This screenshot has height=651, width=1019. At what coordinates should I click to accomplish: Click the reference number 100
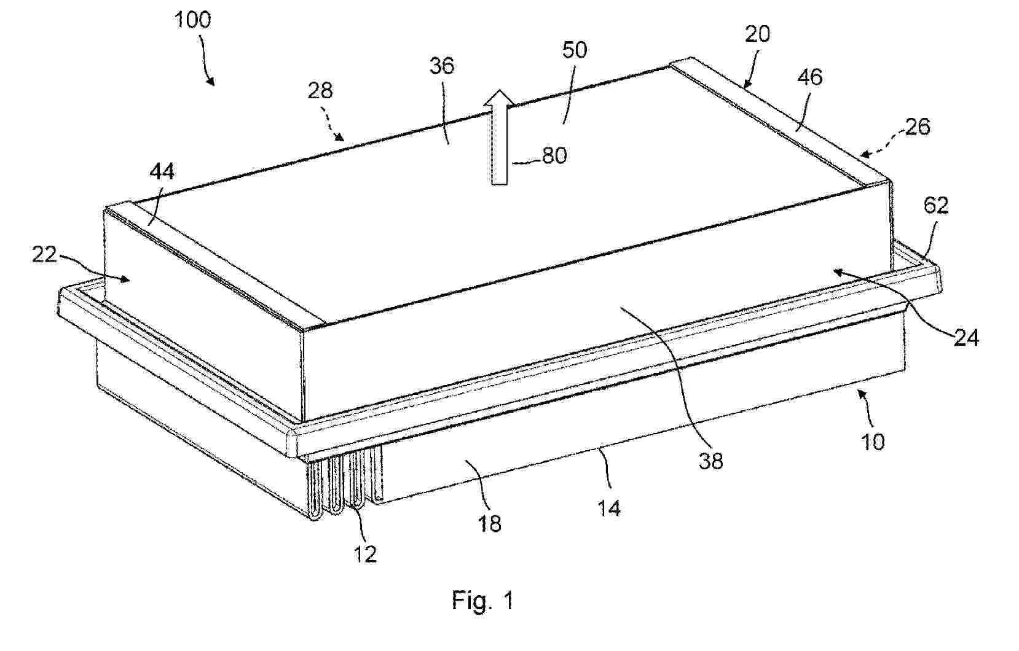192,20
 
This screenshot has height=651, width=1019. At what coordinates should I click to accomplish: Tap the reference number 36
442,66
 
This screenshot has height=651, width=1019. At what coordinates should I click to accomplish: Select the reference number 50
575,50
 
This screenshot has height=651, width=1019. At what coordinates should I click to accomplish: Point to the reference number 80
554,156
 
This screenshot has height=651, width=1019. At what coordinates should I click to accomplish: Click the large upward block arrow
500,136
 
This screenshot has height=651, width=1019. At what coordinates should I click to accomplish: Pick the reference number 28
320,91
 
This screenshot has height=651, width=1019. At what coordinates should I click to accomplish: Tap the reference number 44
162,173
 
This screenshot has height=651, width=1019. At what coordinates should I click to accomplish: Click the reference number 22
44,254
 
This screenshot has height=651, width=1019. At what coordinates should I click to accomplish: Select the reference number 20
757,34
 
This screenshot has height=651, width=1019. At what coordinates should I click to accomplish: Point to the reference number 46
810,77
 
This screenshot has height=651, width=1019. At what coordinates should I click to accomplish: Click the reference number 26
918,127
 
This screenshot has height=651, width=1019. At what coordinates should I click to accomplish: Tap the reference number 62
936,206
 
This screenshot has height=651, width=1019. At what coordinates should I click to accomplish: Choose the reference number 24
966,338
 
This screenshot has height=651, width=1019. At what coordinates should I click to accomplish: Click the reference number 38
710,461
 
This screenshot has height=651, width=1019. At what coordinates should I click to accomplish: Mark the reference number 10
873,442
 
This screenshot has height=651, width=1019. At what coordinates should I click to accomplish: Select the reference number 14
608,509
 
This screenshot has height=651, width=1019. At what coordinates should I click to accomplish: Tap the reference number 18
489,524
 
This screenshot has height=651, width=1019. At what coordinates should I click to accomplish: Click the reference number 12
365,554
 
